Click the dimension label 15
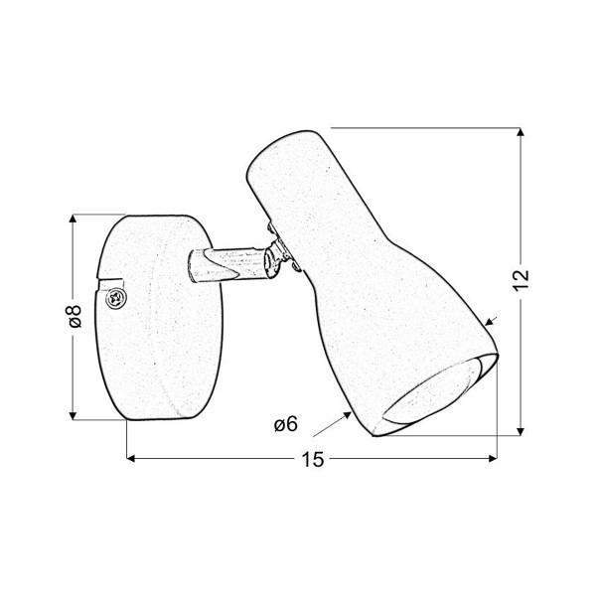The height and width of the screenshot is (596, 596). click(x=313, y=459)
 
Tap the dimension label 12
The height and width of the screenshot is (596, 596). click(x=521, y=280)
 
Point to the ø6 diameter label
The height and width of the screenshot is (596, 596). click(x=286, y=424)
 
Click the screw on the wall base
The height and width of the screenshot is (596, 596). click(x=116, y=298)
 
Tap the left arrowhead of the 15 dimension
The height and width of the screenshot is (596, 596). click(x=131, y=458)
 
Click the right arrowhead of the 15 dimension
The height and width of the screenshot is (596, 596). click(x=493, y=458)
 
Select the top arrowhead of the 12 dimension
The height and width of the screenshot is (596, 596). click(x=521, y=132)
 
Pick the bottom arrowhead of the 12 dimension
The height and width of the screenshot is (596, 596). click(x=521, y=431)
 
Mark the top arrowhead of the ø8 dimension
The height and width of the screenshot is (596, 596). click(x=73, y=220)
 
